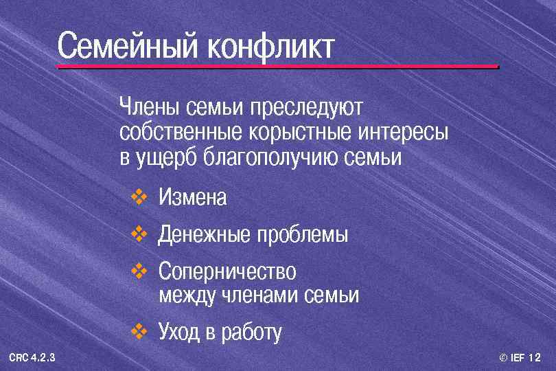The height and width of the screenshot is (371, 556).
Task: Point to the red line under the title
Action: (277, 67)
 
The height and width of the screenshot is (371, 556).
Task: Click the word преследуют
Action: (307, 108)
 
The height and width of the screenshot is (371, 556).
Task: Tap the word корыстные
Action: (294, 132)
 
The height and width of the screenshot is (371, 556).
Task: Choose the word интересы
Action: (404, 132)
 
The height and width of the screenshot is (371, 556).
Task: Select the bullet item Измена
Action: (192, 198)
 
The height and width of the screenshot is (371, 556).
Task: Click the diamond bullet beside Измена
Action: (139, 198)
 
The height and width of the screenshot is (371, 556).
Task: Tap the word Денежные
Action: (204, 235)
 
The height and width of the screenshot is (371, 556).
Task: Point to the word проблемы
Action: (302, 235)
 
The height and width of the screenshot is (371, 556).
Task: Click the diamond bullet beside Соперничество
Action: (139, 272)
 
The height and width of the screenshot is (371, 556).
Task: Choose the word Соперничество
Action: (227, 272)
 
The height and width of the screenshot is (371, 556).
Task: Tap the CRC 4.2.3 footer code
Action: (32, 358)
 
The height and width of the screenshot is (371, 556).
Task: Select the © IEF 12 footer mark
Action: (520, 358)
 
